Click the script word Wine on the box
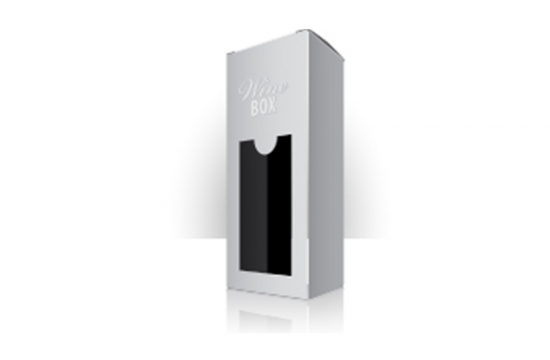tap(263, 90)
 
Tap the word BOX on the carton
tap(264, 107)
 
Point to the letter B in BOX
tap(255, 108)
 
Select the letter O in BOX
tap(264, 107)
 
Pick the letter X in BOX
tap(273, 106)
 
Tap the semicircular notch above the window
tap(266, 147)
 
